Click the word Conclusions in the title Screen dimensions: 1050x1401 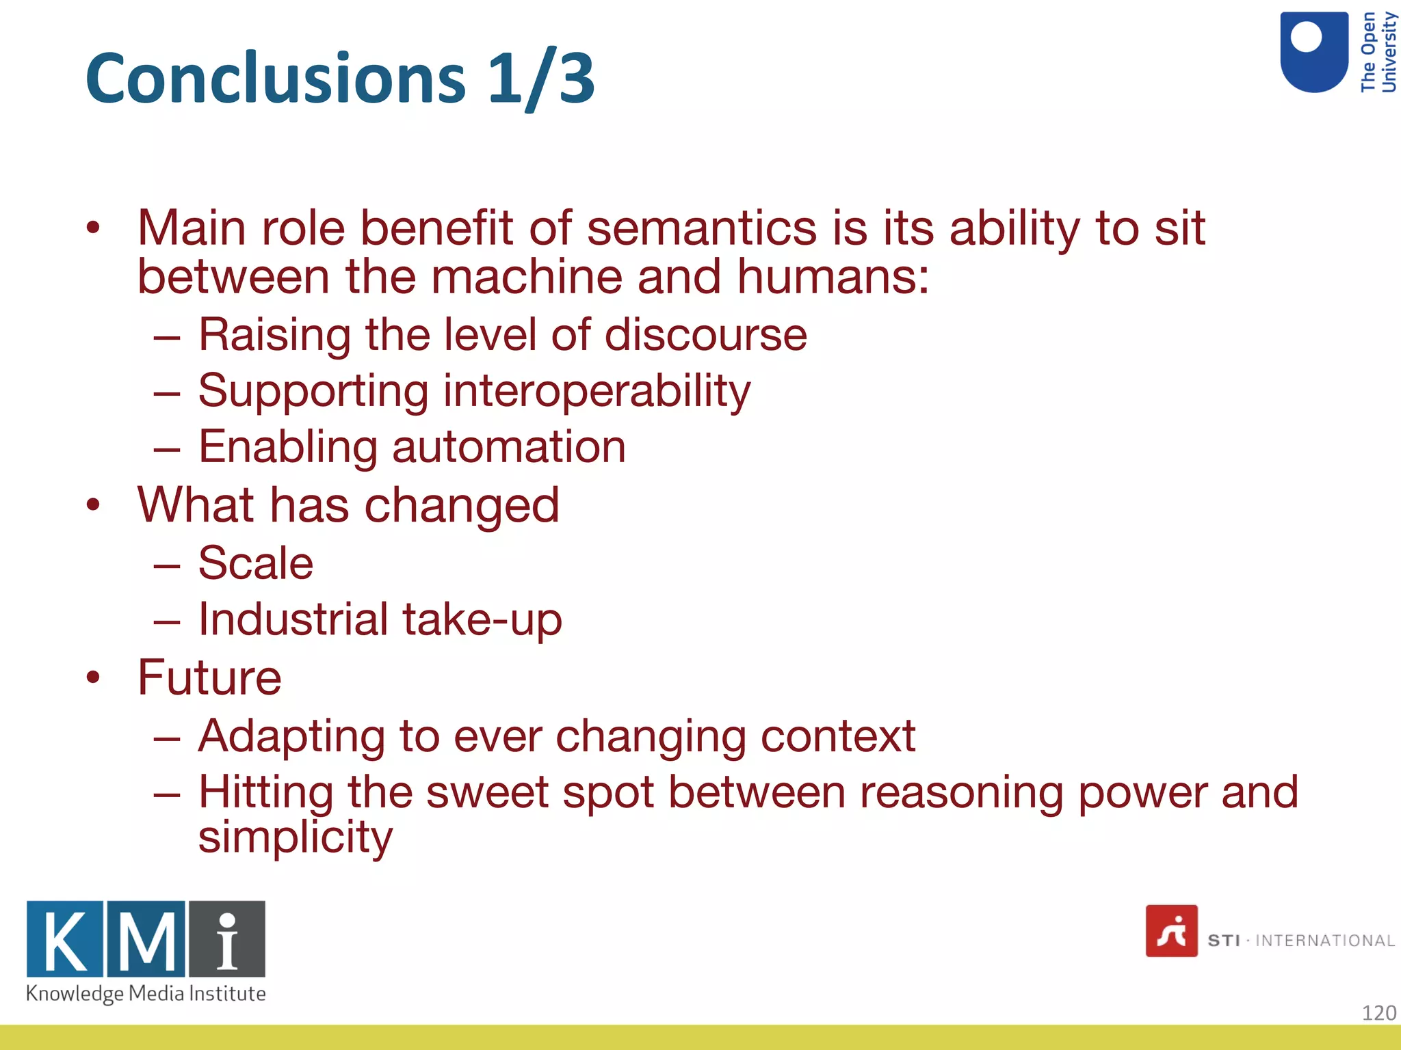coord(276,79)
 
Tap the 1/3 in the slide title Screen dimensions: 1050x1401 coord(541,79)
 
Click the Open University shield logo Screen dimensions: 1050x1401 coord(1313,52)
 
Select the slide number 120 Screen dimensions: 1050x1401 coord(1378,1012)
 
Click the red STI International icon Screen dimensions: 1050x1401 coord(1171,931)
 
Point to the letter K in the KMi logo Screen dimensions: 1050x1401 coord(65,939)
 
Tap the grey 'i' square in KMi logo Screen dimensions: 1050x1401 coord(227,939)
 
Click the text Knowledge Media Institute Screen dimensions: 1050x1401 coord(146,993)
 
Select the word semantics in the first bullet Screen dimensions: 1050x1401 coord(701,228)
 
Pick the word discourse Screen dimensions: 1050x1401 coord(705,335)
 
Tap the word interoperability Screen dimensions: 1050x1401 coord(597,391)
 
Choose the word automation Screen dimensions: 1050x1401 coord(509,447)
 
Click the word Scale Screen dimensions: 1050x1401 coord(256,563)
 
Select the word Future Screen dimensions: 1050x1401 coord(209,677)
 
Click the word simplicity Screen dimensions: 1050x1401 coord(296,837)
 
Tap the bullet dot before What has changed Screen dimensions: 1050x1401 coord(93,505)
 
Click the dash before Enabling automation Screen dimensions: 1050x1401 coord(167,450)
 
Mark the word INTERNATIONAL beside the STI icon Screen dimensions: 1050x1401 coord(1324,941)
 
